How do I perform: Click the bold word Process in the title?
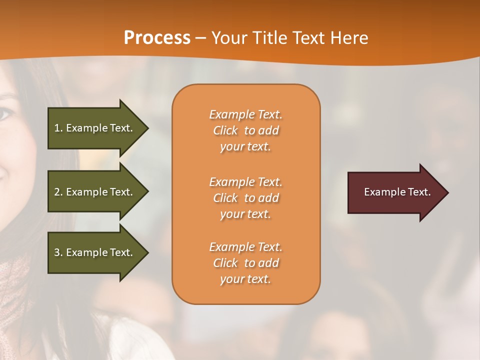click(157, 38)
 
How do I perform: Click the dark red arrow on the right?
click(395, 192)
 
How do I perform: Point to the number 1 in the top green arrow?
click(57, 128)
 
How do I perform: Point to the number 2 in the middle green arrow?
click(57, 192)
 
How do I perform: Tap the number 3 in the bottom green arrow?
click(57, 252)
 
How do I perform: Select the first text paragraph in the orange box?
click(245, 130)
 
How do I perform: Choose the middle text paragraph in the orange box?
click(245, 198)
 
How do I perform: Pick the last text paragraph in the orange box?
click(245, 263)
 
